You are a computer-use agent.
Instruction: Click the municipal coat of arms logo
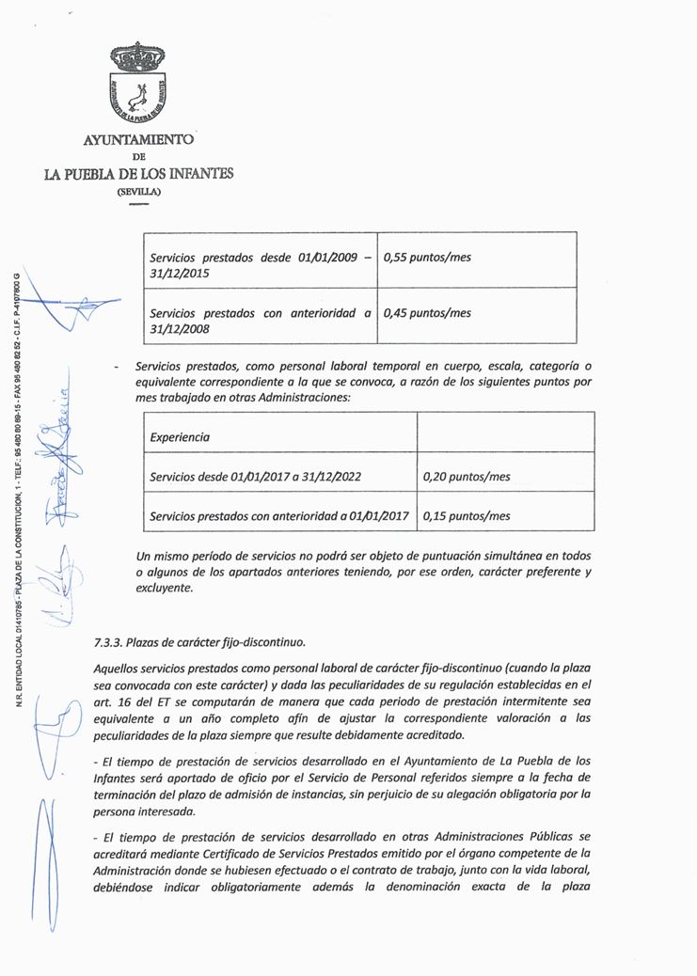[x=137, y=87]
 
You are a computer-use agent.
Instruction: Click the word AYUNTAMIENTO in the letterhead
[x=138, y=140]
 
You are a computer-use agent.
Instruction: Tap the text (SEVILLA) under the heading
[x=138, y=191]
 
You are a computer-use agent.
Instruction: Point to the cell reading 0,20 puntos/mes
[x=467, y=477]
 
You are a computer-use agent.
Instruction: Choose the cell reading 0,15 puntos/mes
[x=467, y=516]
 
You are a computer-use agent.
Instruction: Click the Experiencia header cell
[x=180, y=437]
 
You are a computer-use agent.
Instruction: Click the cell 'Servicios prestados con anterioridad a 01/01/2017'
[x=278, y=516]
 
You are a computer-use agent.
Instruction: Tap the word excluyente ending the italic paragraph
[x=164, y=589]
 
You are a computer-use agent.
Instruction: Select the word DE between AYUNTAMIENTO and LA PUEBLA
[x=138, y=157]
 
